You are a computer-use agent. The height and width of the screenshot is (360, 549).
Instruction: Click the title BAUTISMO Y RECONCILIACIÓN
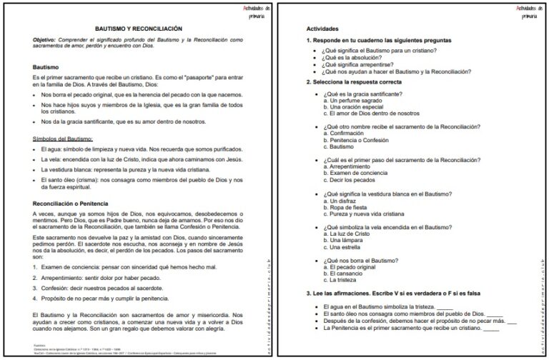tap(139, 28)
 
